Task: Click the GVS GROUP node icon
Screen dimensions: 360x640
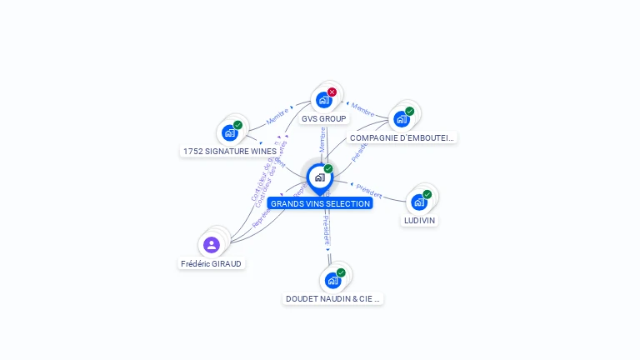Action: point(323,100)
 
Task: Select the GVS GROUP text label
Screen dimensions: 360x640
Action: point(324,119)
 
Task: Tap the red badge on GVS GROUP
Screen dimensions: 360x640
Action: point(332,92)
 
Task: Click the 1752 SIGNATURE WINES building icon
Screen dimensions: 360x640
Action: point(230,132)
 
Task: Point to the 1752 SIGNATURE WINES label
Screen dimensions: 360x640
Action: point(229,152)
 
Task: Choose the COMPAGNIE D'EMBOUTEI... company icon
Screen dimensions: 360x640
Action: point(402,118)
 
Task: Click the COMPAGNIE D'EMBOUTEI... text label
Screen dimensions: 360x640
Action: point(402,137)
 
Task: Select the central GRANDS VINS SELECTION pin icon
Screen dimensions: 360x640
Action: point(319,177)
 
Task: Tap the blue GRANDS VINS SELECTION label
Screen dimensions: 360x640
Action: point(320,203)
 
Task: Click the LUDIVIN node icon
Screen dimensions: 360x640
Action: point(419,202)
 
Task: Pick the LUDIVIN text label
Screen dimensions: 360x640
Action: point(419,221)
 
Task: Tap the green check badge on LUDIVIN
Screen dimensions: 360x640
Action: point(427,195)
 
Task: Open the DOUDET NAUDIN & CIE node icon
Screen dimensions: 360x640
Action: point(333,280)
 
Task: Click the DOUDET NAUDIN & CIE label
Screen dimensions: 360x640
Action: point(333,298)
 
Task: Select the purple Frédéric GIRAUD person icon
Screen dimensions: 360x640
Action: point(212,245)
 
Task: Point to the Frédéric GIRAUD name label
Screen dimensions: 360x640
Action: point(212,263)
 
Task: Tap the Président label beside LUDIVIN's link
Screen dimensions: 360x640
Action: point(368,191)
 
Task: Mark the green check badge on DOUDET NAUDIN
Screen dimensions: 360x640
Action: point(341,272)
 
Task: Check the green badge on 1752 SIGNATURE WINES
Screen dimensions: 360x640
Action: point(237,125)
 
